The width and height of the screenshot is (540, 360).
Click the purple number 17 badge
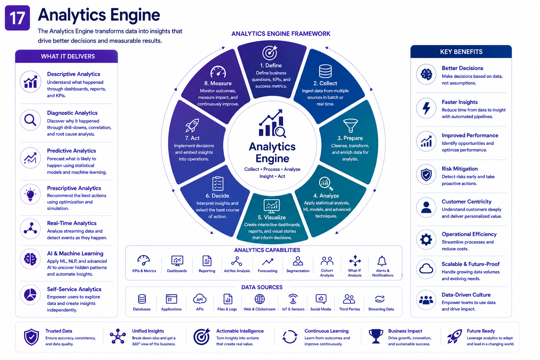click(17, 18)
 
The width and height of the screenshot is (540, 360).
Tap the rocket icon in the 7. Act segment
click(192, 125)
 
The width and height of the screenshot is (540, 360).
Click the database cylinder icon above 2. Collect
click(325, 71)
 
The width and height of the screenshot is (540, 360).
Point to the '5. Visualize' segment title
click(272, 217)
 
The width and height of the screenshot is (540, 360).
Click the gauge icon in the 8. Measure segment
click(218, 72)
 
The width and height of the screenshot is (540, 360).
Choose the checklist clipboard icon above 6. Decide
click(218, 184)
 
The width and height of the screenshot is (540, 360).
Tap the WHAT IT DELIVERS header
click(68, 56)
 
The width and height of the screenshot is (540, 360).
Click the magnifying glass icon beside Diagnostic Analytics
click(30, 120)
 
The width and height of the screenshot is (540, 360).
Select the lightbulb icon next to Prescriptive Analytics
click(30, 194)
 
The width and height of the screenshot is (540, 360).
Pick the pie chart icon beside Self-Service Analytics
click(30, 294)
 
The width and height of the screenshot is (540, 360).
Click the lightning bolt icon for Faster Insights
click(426, 108)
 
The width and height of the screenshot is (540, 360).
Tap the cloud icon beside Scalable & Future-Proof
click(426, 269)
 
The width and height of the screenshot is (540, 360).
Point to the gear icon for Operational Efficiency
click(426, 239)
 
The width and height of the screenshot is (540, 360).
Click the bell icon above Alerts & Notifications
click(382, 261)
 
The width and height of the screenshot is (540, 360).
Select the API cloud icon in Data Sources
click(200, 299)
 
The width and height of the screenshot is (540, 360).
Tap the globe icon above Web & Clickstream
click(260, 299)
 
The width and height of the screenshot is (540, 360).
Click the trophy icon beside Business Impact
click(375, 336)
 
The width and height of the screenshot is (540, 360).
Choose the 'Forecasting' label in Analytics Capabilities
click(268, 271)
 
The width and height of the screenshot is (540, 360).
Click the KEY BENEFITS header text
click(461, 52)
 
